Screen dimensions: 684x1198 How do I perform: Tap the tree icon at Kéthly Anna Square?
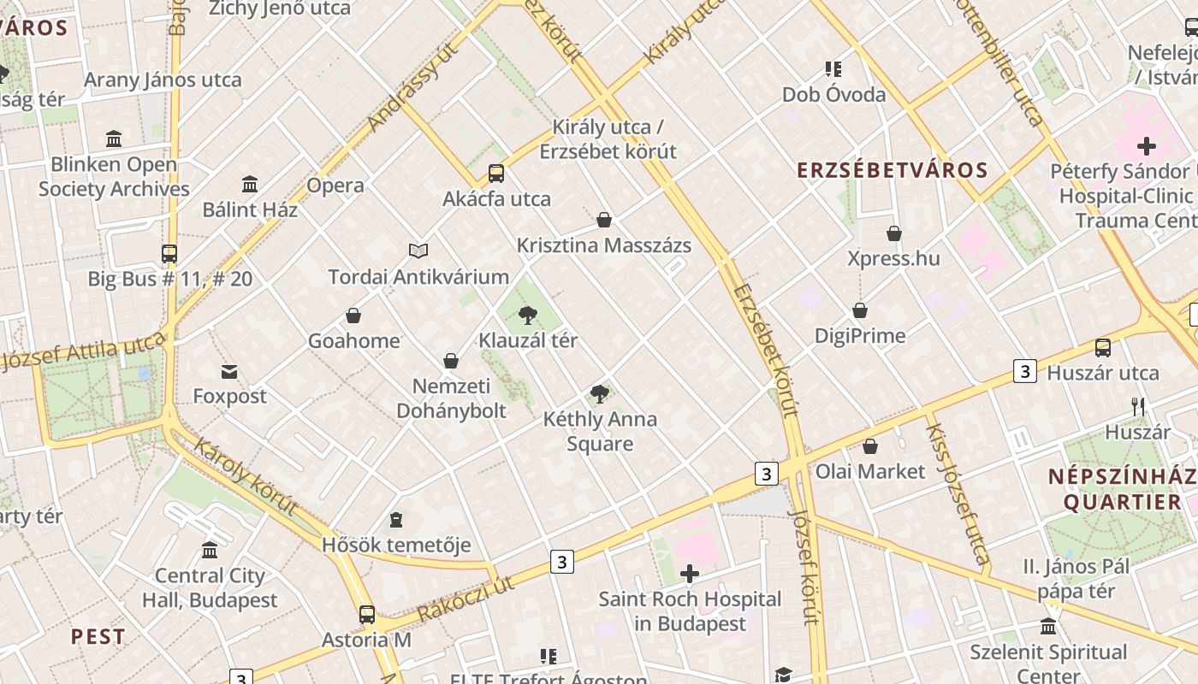point(600,394)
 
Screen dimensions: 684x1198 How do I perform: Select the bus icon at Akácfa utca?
point(496,174)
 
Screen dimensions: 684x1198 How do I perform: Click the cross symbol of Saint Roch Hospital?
point(690,574)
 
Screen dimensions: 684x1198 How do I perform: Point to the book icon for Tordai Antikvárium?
point(418,251)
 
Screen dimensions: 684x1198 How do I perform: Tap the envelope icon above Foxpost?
point(229,371)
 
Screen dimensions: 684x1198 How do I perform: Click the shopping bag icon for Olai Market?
point(870,446)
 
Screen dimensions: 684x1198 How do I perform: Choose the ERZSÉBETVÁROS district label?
point(893,170)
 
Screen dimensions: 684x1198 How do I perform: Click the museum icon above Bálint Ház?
point(250,184)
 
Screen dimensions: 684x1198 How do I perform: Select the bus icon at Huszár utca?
point(1103,347)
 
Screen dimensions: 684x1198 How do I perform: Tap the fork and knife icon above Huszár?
point(1138,407)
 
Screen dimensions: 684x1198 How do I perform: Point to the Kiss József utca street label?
point(957,493)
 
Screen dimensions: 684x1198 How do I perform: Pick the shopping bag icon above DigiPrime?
point(860,310)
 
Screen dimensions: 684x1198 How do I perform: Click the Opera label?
point(335,186)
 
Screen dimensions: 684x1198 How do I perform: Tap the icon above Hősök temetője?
point(395,520)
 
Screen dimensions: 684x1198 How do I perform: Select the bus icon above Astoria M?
point(367,614)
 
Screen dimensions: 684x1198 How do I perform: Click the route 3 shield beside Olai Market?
point(766,473)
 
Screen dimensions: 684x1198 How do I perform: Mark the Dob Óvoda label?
point(833,94)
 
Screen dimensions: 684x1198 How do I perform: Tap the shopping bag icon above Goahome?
point(353,315)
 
